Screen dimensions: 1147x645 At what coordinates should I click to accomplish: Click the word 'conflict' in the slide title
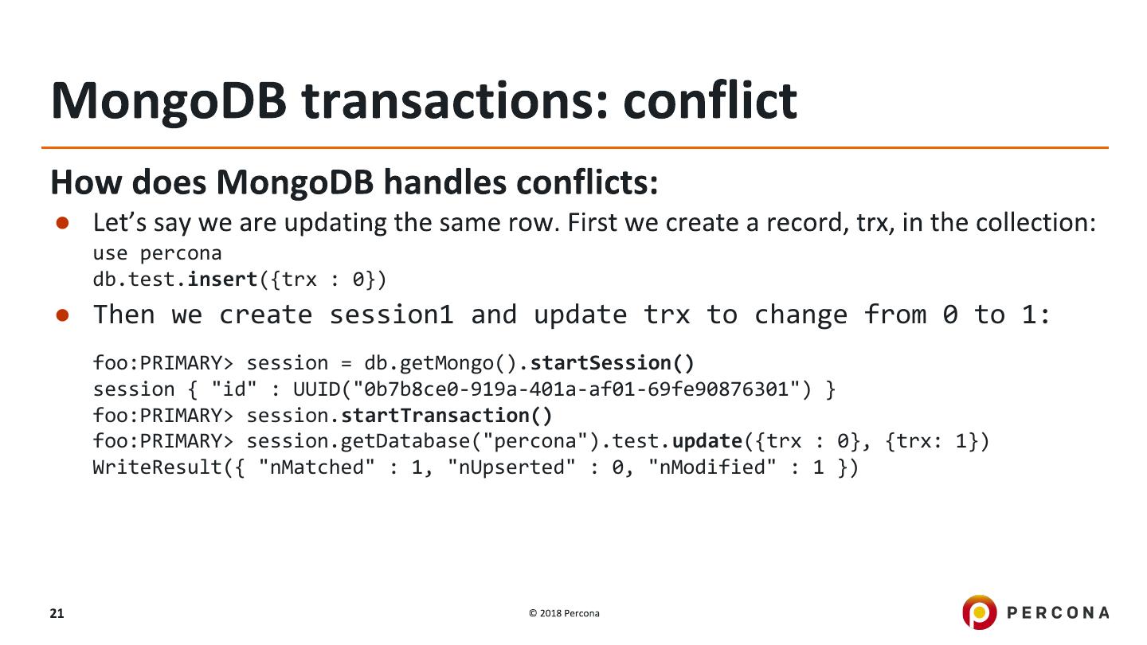[711, 100]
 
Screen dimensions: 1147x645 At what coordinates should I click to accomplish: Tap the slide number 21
[57, 613]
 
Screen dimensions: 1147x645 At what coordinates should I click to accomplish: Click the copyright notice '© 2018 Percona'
[564, 613]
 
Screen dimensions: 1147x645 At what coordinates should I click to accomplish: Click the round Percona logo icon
[979, 612]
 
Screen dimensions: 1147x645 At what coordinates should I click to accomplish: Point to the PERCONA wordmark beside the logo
[1058, 613]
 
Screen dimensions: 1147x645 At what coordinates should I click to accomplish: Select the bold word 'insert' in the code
[222, 279]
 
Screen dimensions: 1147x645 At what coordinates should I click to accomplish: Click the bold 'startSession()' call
[613, 363]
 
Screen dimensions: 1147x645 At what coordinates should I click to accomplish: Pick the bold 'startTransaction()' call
[447, 416]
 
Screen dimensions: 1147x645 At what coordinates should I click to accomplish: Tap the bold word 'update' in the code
[707, 441]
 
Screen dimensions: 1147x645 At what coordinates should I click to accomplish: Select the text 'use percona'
[157, 253]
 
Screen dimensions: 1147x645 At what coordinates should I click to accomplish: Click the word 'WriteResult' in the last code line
[157, 467]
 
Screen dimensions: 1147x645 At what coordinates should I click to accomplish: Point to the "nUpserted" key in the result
[511, 467]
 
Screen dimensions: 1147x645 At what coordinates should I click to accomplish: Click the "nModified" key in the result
[712, 467]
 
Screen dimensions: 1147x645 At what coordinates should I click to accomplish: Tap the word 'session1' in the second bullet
[392, 315]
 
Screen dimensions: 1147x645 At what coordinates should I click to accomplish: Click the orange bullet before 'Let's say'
[62, 223]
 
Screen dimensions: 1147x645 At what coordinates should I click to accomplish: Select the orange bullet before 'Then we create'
[62, 315]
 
